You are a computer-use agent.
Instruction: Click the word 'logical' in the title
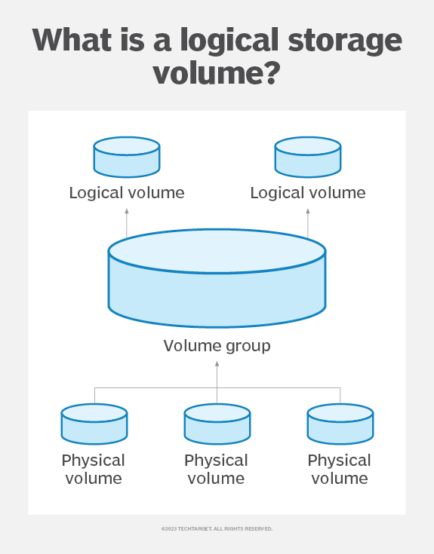(229, 41)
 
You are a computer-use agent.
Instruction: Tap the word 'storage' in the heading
(345, 41)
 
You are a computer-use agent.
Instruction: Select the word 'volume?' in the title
(217, 73)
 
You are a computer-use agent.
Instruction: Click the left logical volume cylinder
(127, 157)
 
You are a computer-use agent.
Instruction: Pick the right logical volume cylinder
(308, 157)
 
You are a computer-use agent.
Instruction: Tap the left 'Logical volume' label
(127, 193)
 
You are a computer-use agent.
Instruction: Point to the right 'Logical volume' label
(308, 193)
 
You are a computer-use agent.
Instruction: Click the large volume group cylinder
(217, 278)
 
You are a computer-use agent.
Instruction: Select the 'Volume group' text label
(217, 346)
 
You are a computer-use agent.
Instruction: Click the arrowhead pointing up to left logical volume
(127, 211)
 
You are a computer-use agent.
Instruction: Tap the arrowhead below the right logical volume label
(308, 211)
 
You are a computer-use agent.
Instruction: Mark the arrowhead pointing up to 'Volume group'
(217, 363)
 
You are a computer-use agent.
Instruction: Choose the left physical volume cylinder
(94, 424)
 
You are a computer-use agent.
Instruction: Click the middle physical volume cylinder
(217, 424)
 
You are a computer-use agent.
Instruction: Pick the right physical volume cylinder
(340, 424)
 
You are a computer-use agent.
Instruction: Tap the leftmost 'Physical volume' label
(94, 470)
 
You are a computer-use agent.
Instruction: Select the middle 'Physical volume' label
(216, 470)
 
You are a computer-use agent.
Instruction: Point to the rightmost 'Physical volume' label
(340, 470)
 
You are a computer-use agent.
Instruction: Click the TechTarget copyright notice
(217, 529)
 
